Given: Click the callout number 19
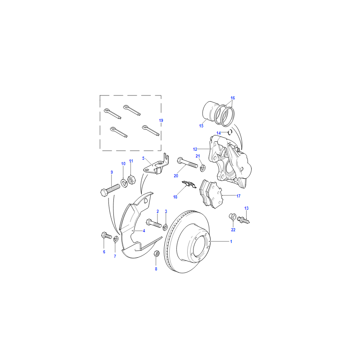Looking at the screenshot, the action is pyautogui.click(x=161, y=120).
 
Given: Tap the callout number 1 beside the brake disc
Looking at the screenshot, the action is pyautogui.click(x=231, y=242).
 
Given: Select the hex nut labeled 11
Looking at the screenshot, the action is pyautogui.click(x=131, y=179).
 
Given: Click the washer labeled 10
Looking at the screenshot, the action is pyautogui.click(x=124, y=183).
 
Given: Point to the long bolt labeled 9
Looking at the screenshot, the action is pyautogui.click(x=110, y=190).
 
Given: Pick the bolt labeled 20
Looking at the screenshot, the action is pyautogui.click(x=187, y=162).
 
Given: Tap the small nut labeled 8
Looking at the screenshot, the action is pyautogui.click(x=157, y=254).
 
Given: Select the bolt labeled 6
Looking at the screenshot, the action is pyautogui.click(x=106, y=235).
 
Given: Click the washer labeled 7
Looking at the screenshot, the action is pyautogui.click(x=116, y=239).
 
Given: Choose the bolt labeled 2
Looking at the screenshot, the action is pyautogui.click(x=154, y=223).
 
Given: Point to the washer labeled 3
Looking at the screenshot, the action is pyautogui.click(x=165, y=227).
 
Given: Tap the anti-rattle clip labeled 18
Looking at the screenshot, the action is pyautogui.click(x=189, y=184).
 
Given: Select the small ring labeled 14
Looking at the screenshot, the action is pyautogui.click(x=230, y=132).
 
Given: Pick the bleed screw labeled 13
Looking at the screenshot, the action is pyautogui.click(x=243, y=220).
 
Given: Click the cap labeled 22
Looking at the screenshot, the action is pyautogui.click(x=233, y=216).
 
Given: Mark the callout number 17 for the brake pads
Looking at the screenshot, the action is pyautogui.click(x=238, y=196).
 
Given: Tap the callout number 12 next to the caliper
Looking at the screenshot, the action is pyautogui.click(x=195, y=149).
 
